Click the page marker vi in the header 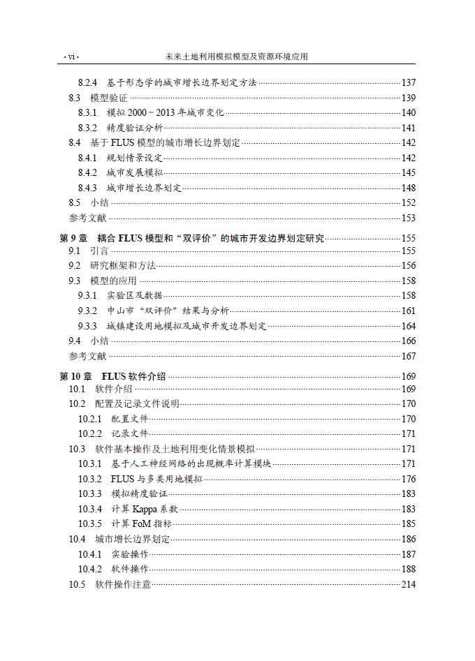71,57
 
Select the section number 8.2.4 87,83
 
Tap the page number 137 409,83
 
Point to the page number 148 409,188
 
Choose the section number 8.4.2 87,172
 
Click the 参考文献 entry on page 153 87,218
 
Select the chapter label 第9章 73,238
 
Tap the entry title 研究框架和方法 122,265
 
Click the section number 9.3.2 87,311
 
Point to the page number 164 409,326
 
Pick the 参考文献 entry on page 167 87,356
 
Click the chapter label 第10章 75,376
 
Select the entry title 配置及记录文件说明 137,403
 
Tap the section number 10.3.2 90,479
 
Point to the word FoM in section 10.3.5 142,523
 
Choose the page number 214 409,584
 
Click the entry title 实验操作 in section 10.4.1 130,554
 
